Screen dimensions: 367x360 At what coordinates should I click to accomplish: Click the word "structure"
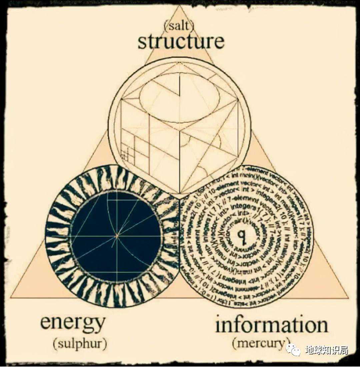pyautogui.click(x=181, y=42)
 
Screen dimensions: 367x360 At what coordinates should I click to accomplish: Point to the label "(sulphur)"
pyautogui.click(x=80, y=343)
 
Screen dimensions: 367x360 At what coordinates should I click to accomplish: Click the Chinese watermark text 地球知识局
pyautogui.click(x=327, y=350)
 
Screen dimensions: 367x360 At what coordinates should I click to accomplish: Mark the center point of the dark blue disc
pyautogui.click(x=117, y=236)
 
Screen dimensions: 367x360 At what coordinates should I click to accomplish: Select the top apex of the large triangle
pyautogui.click(x=180, y=6)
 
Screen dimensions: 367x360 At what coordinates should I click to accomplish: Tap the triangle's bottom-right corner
pyautogui.click(x=347, y=298)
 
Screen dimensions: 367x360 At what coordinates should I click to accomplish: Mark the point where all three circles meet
pyautogui.click(x=180, y=198)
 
